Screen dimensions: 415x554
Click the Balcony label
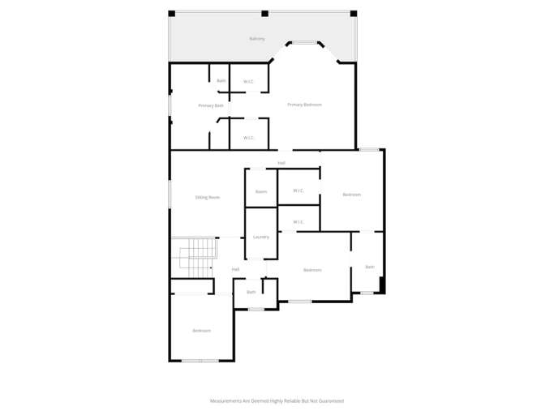(x=257, y=39)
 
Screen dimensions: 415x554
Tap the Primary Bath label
(x=211, y=106)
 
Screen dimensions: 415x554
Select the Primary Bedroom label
(x=305, y=105)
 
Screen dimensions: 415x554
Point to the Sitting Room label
(x=208, y=197)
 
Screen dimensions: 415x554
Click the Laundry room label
(x=260, y=237)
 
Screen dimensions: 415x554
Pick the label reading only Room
(x=261, y=192)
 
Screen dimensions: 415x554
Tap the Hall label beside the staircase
(x=235, y=270)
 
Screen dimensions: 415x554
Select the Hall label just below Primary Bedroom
(x=281, y=163)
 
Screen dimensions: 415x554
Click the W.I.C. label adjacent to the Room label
(x=298, y=191)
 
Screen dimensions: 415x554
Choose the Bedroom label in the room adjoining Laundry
(x=312, y=270)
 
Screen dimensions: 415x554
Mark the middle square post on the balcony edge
(x=264, y=13)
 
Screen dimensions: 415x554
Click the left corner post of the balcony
(x=171, y=13)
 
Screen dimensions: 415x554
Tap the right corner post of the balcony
(x=353, y=13)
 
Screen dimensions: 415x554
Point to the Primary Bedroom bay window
(x=304, y=43)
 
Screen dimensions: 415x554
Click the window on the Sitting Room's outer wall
(x=170, y=195)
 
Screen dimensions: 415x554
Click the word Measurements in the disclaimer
(x=226, y=400)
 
